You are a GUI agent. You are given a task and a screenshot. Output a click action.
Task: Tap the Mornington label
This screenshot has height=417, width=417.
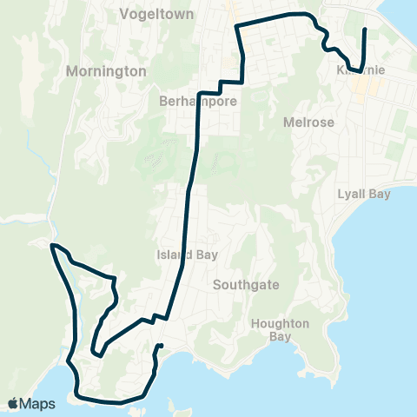pyautogui.click(x=105, y=71)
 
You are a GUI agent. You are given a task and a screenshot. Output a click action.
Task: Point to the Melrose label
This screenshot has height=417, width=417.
pyautogui.click(x=308, y=122)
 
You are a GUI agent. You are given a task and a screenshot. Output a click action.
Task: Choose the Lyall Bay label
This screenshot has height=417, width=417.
pyautogui.click(x=364, y=194)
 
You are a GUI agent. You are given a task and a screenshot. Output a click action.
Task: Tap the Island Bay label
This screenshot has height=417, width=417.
pyautogui.click(x=181, y=255)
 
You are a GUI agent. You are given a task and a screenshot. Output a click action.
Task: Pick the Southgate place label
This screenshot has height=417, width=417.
pyautogui.click(x=240, y=283)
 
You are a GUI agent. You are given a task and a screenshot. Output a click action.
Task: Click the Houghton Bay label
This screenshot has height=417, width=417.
pyautogui.click(x=280, y=329)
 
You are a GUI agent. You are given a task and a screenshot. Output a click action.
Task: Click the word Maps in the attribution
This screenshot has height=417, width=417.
pyautogui.click(x=38, y=403)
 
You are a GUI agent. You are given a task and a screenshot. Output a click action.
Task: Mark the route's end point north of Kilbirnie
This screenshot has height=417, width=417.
pyautogui.click(x=363, y=30)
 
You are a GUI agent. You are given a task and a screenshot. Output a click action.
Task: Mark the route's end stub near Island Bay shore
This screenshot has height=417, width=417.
pyautogui.click(x=162, y=347)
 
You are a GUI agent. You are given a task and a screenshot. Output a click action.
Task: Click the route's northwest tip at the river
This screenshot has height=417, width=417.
pyautogui.click(x=52, y=246)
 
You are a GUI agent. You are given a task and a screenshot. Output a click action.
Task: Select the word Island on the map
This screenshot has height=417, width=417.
pyautogui.click(x=169, y=255)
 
